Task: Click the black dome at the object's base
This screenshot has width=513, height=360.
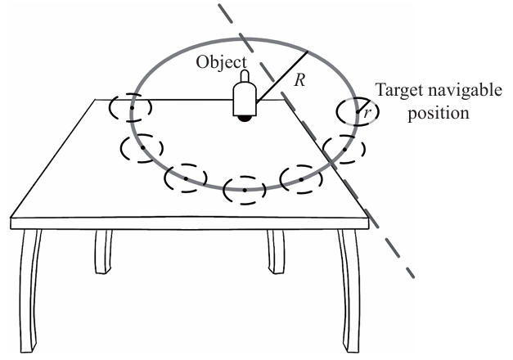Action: (x=245, y=119)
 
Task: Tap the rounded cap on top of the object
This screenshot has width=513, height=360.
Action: (x=243, y=79)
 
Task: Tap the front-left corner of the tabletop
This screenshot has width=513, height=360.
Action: (x=13, y=218)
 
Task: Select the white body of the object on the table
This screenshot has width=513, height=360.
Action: (x=244, y=101)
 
